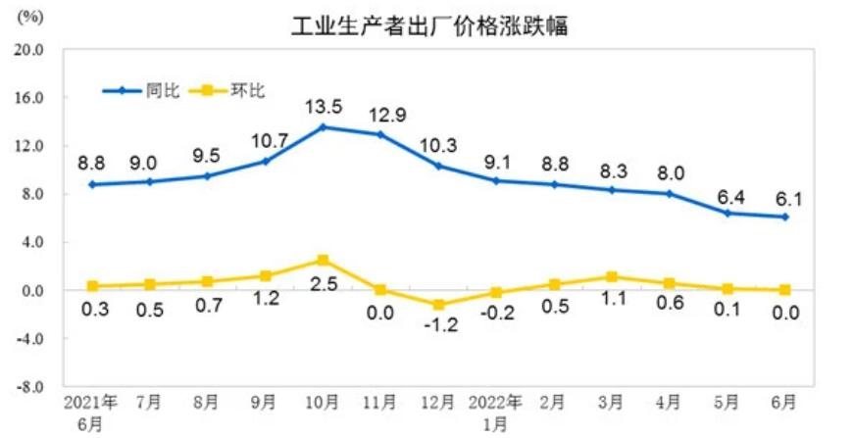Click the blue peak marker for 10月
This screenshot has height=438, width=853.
click(x=323, y=127)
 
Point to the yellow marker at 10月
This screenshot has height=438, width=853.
click(x=323, y=260)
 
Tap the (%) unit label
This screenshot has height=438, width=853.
click(x=30, y=16)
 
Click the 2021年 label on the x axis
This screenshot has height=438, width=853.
click(x=91, y=403)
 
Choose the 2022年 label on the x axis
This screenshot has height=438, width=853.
click(x=495, y=403)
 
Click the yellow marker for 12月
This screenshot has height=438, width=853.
click(x=438, y=305)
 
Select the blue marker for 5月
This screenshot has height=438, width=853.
click(x=728, y=213)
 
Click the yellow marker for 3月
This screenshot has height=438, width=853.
click(x=612, y=277)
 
